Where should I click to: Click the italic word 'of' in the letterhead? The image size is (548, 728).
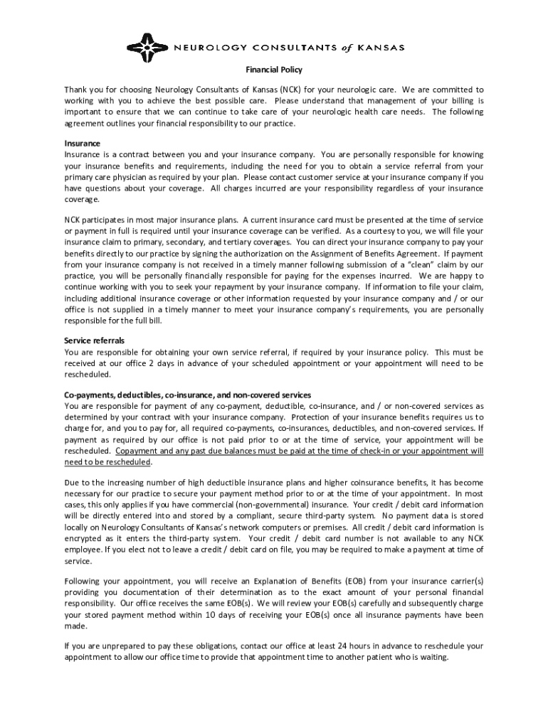(x=344, y=48)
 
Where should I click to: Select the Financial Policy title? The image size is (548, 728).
(x=274, y=70)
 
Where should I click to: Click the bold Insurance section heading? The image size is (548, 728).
(x=83, y=143)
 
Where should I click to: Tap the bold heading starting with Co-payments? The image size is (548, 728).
(x=187, y=395)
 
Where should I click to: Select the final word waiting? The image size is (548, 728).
(x=432, y=658)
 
